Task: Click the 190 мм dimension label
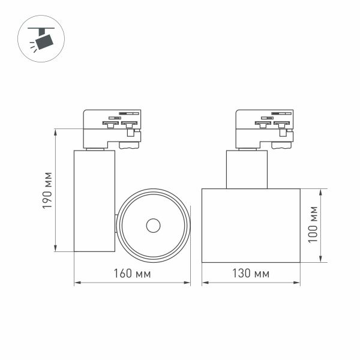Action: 48,191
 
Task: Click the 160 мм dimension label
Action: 132,274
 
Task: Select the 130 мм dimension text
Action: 251,274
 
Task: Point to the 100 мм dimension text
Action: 312,225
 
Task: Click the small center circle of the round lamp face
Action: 153,226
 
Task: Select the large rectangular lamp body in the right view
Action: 251,225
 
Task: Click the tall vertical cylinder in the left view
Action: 94,201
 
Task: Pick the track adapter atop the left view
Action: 112,128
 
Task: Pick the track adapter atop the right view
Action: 265,128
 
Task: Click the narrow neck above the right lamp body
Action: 247,169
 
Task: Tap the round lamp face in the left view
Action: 154,226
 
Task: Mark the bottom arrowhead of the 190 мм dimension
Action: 55,249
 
